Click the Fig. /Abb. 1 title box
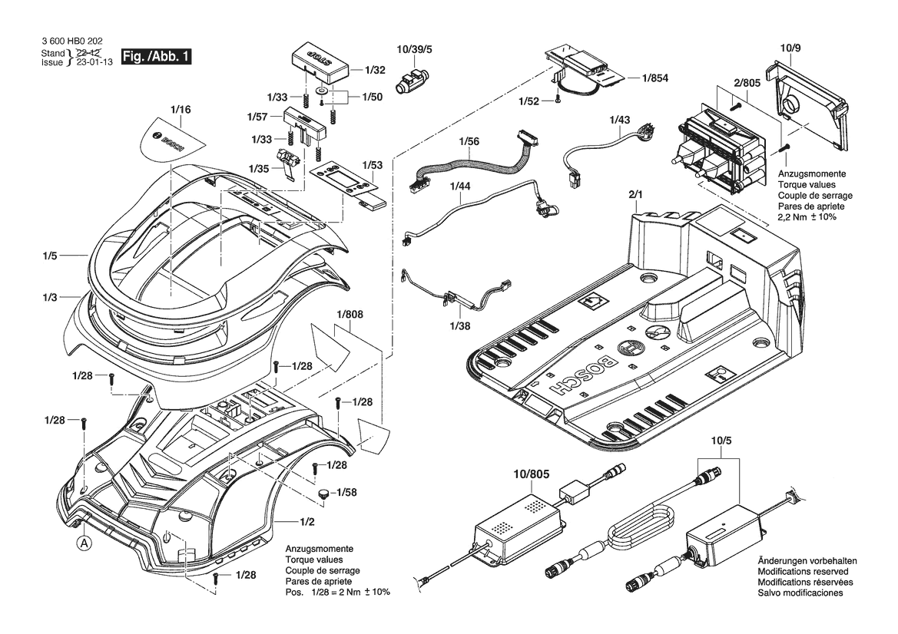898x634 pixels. coord(155,57)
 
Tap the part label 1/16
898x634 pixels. coord(181,109)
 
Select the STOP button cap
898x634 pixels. coord(320,62)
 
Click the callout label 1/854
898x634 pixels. coord(655,78)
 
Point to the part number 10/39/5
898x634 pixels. coord(414,50)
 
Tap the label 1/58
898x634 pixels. coord(346,492)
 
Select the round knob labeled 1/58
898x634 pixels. coord(324,494)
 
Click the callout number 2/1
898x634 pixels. coord(636,194)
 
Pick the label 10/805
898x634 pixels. coord(531,474)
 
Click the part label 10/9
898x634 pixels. coord(790,48)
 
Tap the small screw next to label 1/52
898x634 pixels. coord(558,101)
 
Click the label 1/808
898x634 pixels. coord(350,314)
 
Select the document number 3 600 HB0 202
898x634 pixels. coord(73,41)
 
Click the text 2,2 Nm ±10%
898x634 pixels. coord(807,217)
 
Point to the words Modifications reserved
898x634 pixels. coord(803,572)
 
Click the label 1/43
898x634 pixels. coord(620,120)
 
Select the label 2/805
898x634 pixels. coord(747,83)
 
